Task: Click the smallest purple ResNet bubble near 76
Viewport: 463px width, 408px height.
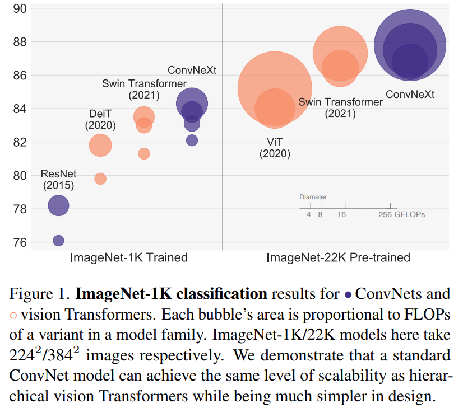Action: coord(58,241)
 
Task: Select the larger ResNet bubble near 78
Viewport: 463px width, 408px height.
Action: coord(58,206)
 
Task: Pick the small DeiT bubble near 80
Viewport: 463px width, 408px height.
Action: coord(100,179)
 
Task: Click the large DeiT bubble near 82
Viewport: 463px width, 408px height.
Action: coord(100,146)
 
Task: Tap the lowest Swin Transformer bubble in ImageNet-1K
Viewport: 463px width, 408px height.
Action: coord(144,153)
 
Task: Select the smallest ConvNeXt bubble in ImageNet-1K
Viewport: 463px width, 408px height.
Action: coord(192,140)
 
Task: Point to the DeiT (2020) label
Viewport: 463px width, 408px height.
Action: coord(100,119)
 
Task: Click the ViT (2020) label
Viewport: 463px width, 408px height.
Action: coord(275,148)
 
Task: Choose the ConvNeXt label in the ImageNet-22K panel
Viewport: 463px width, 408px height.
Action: coord(410,95)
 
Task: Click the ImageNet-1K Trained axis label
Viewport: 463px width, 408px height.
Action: coord(128,258)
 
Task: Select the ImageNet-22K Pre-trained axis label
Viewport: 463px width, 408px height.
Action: coord(338,258)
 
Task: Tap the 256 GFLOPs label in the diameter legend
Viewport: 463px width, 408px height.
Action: coord(402,214)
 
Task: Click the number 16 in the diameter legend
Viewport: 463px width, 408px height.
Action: coord(341,214)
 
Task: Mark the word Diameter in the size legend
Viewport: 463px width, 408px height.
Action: coord(313,197)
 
